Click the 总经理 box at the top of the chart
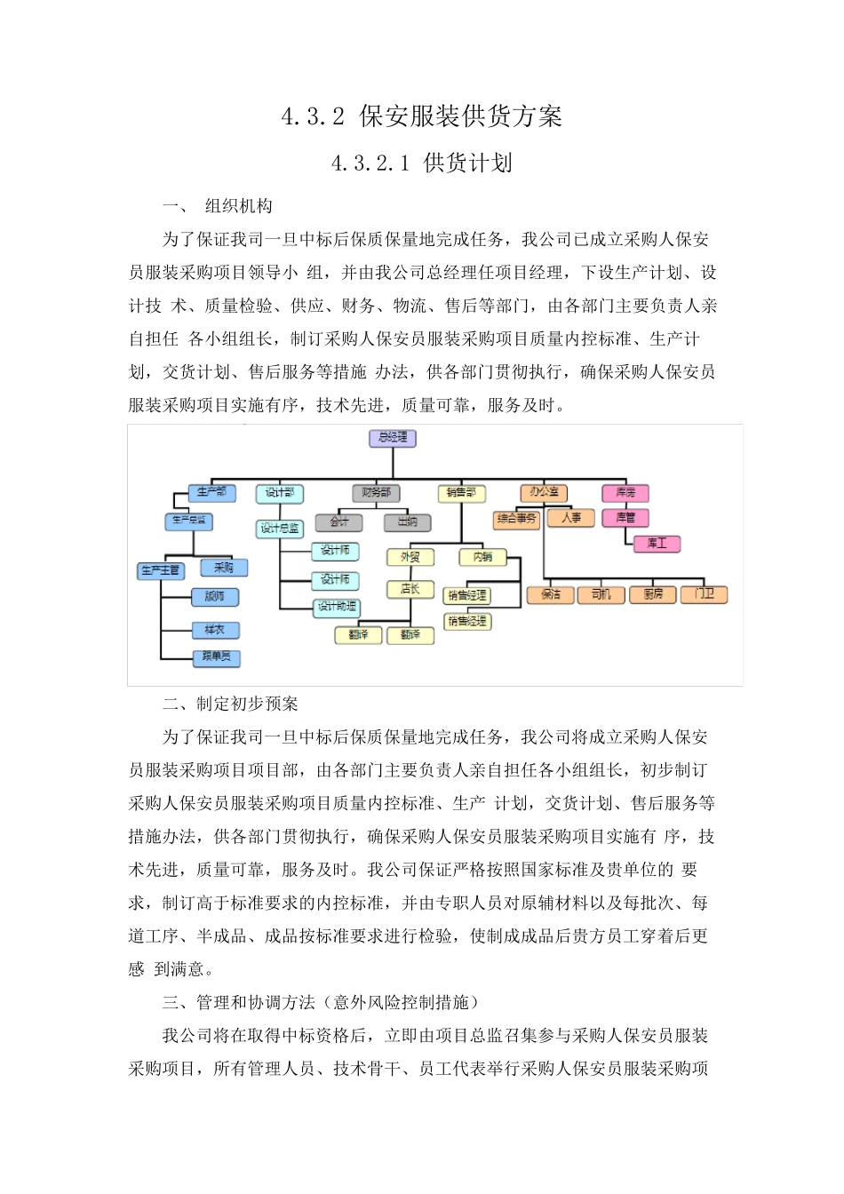click(x=393, y=438)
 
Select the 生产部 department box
click(x=211, y=493)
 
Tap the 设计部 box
click(x=280, y=493)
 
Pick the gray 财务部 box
click(x=376, y=493)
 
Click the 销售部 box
click(x=461, y=493)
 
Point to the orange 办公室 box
click(x=544, y=492)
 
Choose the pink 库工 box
click(x=657, y=544)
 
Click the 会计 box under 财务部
click(x=339, y=522)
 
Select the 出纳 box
click(x=408, y=522)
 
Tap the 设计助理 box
click(x=338, y=608)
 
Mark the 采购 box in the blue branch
click(x=224, y=568)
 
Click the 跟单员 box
click(x=217, y=657)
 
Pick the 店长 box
click(x=410, y=589)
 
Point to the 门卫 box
click(x=705, y=594)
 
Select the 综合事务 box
click(x=517, y=519)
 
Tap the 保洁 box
click(x=551, y=594)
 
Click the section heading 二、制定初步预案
click(x=231, y=704)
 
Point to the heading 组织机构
click(x=238, y=207)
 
